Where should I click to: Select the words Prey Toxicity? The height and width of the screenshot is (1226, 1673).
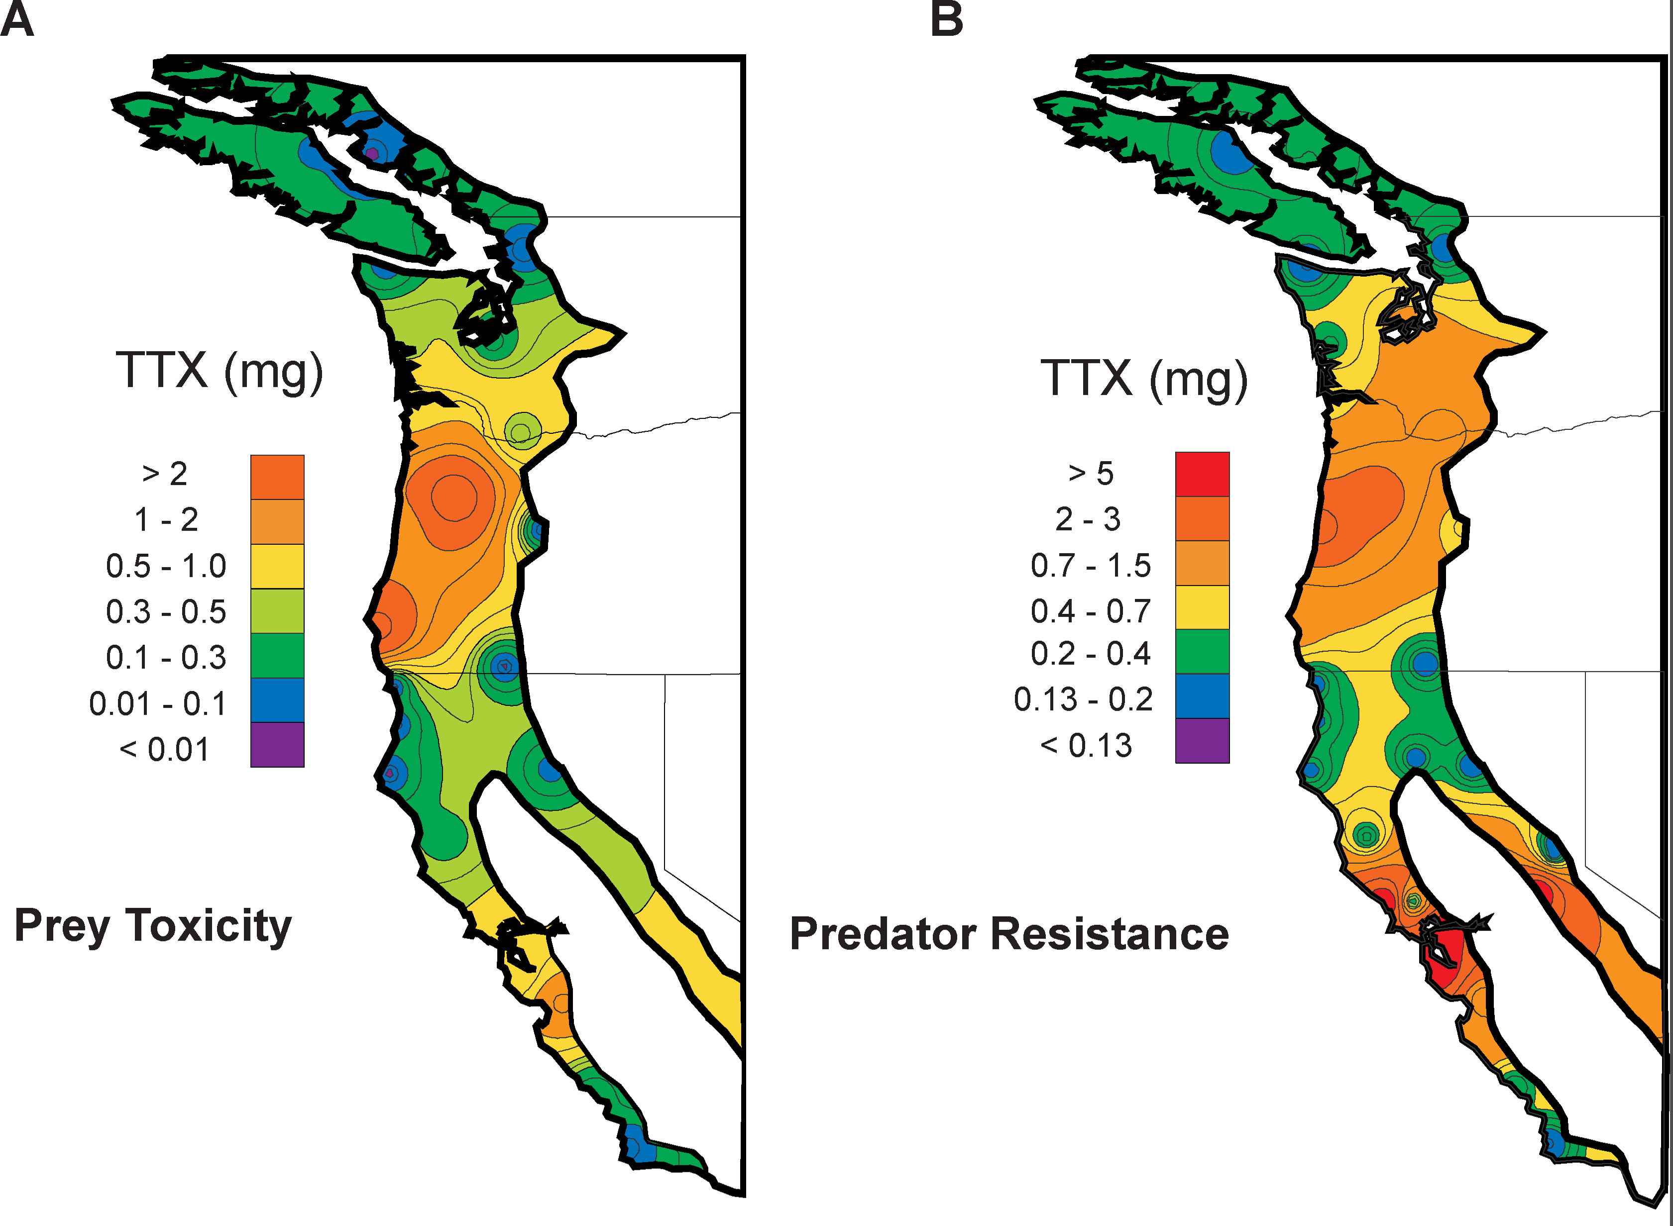pyautogui.click(x=153, y=926)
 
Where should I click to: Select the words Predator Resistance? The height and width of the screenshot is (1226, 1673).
pyautogui.click(x=1008, y=933)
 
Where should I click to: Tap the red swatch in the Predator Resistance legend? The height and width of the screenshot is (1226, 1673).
pyautogui.click(x=1202, y=474)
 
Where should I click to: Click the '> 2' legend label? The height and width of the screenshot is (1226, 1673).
pyautogui.click(x=165, y=474)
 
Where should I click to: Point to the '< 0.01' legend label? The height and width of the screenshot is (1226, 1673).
pyautogui.click(x=164, y=749)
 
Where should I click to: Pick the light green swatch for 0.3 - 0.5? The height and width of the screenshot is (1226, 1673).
pyautogui.click(x=277, y=611)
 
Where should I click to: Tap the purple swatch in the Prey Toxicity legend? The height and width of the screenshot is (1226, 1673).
pyautogui.click(x=277, y=744)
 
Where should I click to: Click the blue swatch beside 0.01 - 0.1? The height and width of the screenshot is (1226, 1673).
pyautogui.click(x=277, y=700)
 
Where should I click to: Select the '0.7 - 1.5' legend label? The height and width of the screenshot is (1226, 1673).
pyautogui.click(x=1090, y=566)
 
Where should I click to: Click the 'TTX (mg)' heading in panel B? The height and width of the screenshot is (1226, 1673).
pyautogui.click(x=1144, y=379)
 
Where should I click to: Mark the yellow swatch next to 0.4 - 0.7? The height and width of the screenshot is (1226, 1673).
pyautogui.click(x=1202, y=607)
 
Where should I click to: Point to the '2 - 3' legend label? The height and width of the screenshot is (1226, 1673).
pyautogui.click(x=1088, y=519)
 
